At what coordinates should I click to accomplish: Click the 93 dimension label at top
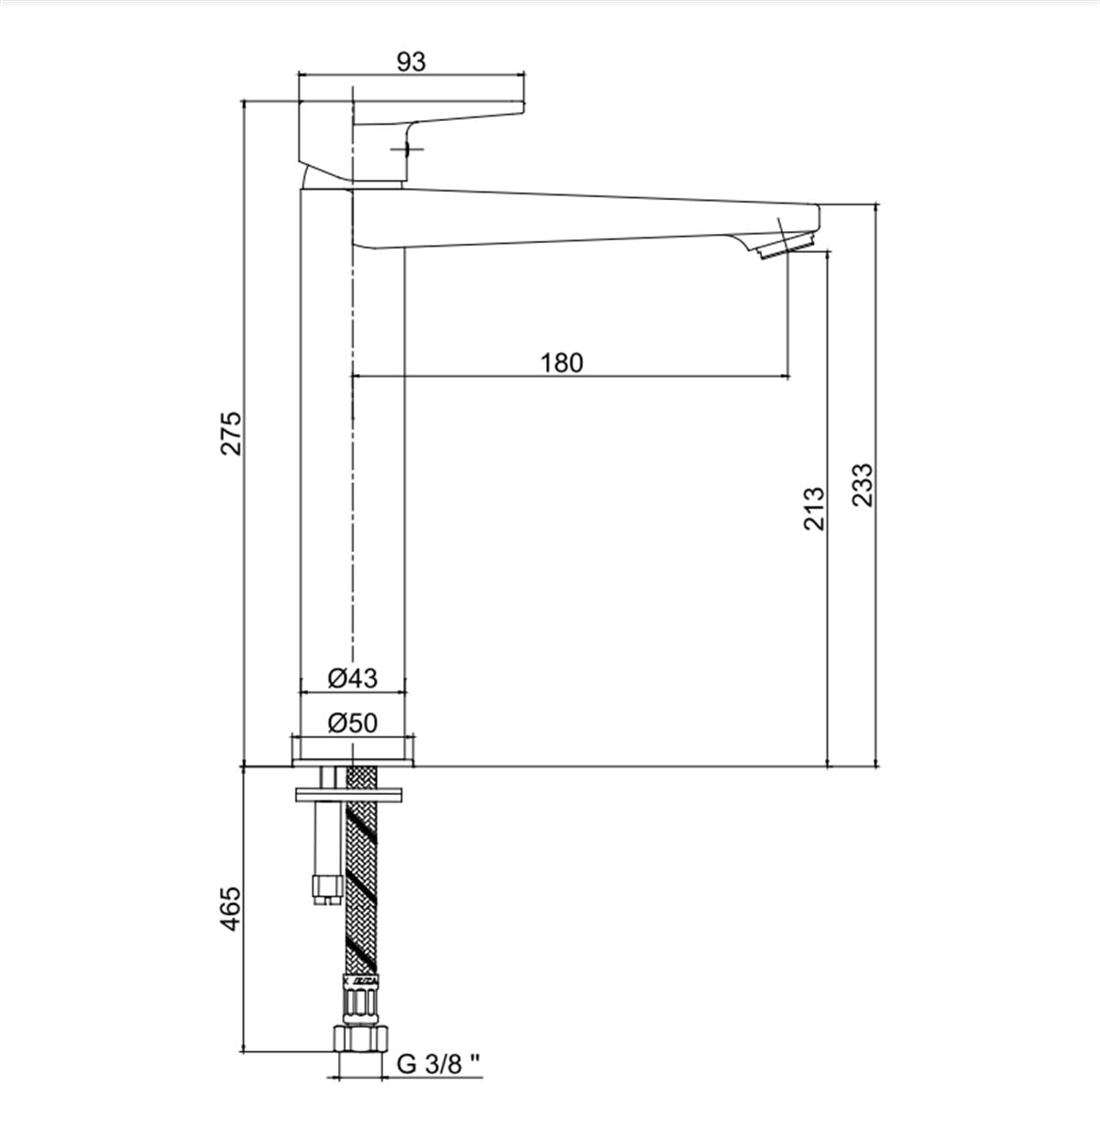point(412,62)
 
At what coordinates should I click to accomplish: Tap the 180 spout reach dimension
point(561,363)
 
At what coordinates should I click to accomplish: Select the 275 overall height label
point(231,434)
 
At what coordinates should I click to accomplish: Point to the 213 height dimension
point(813,508)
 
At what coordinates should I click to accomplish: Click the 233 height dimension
point(863,485)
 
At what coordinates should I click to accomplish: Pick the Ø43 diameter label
point(352,678)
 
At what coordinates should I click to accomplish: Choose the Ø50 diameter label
point(352,723)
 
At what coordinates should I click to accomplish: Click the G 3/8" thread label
point(439,1064)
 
